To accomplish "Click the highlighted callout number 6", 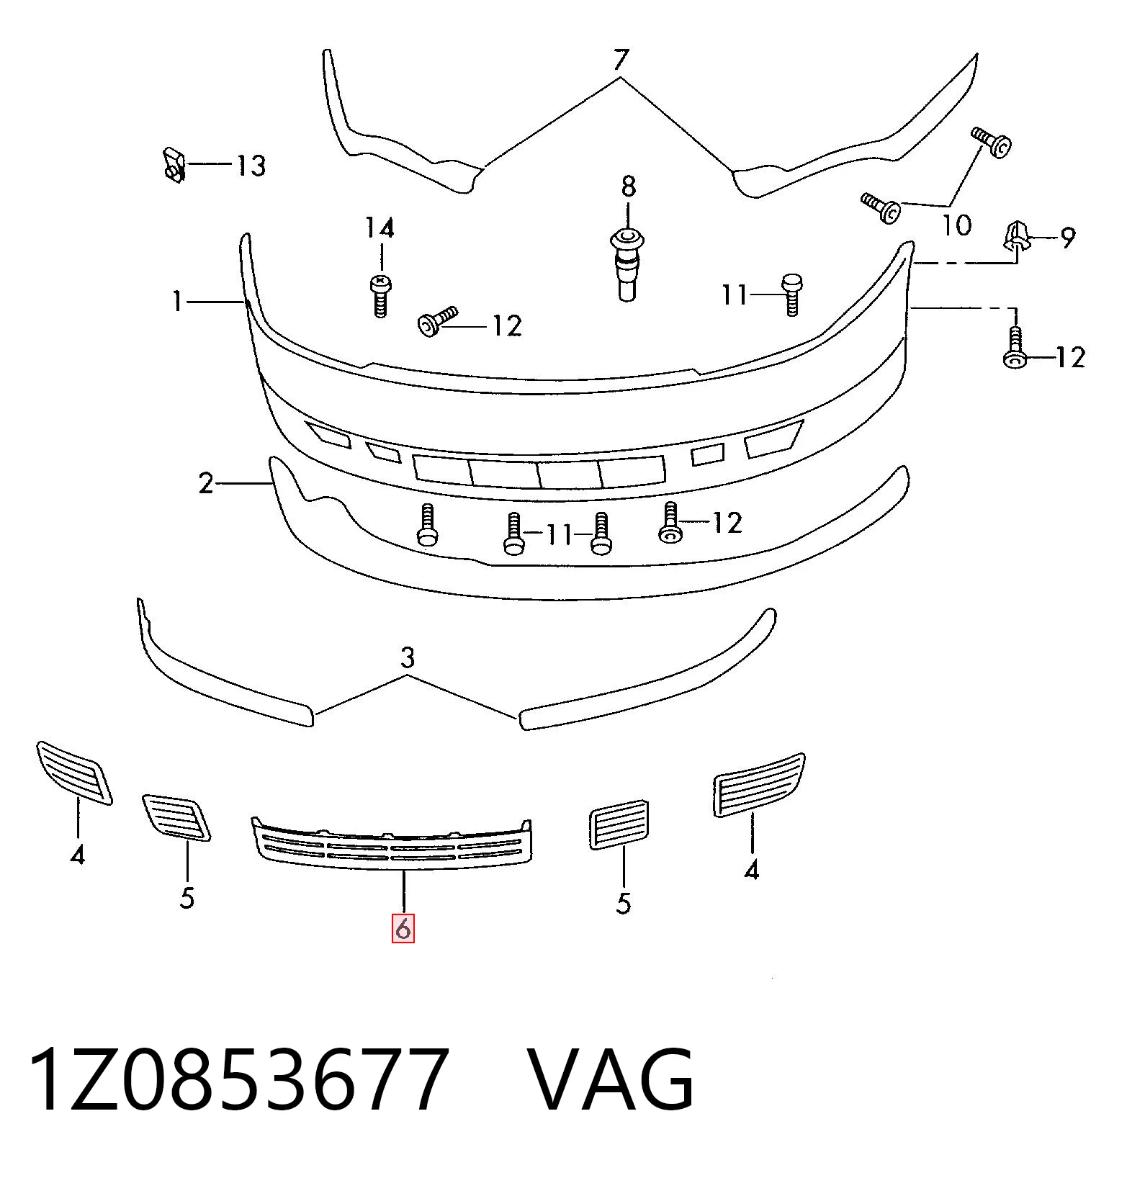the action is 403,929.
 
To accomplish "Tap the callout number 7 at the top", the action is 621,60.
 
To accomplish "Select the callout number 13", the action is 251,166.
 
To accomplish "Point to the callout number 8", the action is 629,187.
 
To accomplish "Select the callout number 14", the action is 380,229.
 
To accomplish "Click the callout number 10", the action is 957,226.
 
